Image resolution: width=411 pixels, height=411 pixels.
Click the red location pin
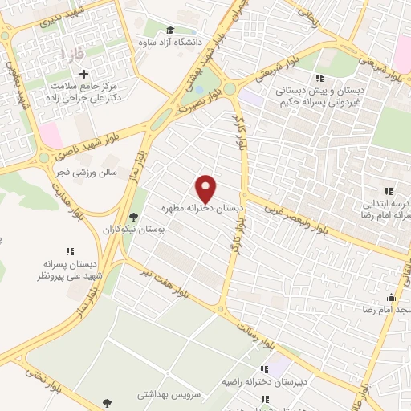(x=206, y=188)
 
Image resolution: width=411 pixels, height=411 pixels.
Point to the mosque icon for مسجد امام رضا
(x=391, y=298)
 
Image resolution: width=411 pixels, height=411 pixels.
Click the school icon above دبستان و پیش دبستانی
(x=319, y=78)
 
